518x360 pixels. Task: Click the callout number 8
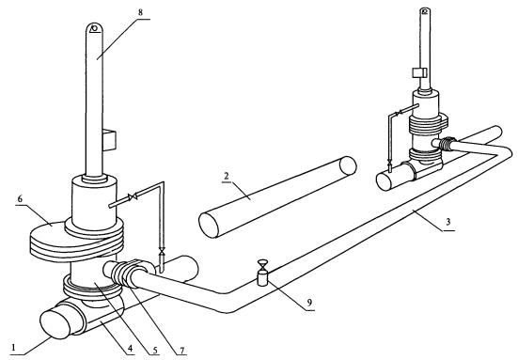click(140, 12)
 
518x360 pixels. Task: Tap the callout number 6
click(20, 199)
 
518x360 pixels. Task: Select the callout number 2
click(227, 176)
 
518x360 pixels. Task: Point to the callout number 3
click(448, 222)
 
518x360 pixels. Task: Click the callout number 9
click(309, 303)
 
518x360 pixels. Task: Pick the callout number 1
click(13, 348)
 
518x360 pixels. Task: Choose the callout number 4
click(130, 348)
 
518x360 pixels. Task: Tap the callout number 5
click(156, 349)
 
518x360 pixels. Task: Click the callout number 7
click(182, 350)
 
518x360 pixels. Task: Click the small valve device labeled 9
click(262, 274)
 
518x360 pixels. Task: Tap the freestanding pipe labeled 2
click(277, 197)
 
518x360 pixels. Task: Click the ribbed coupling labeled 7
click(122, 273)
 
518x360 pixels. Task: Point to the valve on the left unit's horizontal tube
click(133, 197)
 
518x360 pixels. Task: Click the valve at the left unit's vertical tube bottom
click(162, 252)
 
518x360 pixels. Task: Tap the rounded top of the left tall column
click(95, 27)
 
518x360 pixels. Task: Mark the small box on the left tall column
click(109, 140)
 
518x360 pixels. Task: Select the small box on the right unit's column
click(419, 72)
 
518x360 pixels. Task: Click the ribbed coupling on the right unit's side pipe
click(447, 143)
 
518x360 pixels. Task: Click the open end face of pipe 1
click(55, 324)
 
